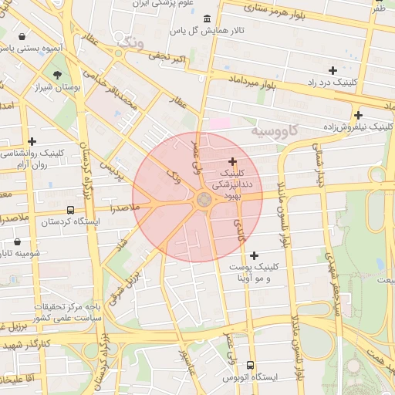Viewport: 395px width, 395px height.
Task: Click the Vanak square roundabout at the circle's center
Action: [204, 200]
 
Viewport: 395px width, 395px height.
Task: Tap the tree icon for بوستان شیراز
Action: [59, 75]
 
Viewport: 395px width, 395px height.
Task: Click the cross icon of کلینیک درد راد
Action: [333, 70]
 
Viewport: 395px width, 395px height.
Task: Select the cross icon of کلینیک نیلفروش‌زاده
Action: [358, 115]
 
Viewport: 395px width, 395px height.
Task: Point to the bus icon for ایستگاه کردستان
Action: [71, 210]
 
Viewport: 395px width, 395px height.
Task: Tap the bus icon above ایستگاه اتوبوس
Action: [249, 365]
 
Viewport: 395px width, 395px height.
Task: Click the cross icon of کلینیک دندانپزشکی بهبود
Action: [232, 161]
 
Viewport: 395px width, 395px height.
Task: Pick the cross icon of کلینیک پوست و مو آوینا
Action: [255, 255]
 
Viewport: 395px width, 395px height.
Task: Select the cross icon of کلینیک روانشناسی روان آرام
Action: [32, 141]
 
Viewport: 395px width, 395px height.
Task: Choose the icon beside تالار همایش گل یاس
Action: [205, 19]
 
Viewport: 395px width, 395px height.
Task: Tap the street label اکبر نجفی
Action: [168, 57]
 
